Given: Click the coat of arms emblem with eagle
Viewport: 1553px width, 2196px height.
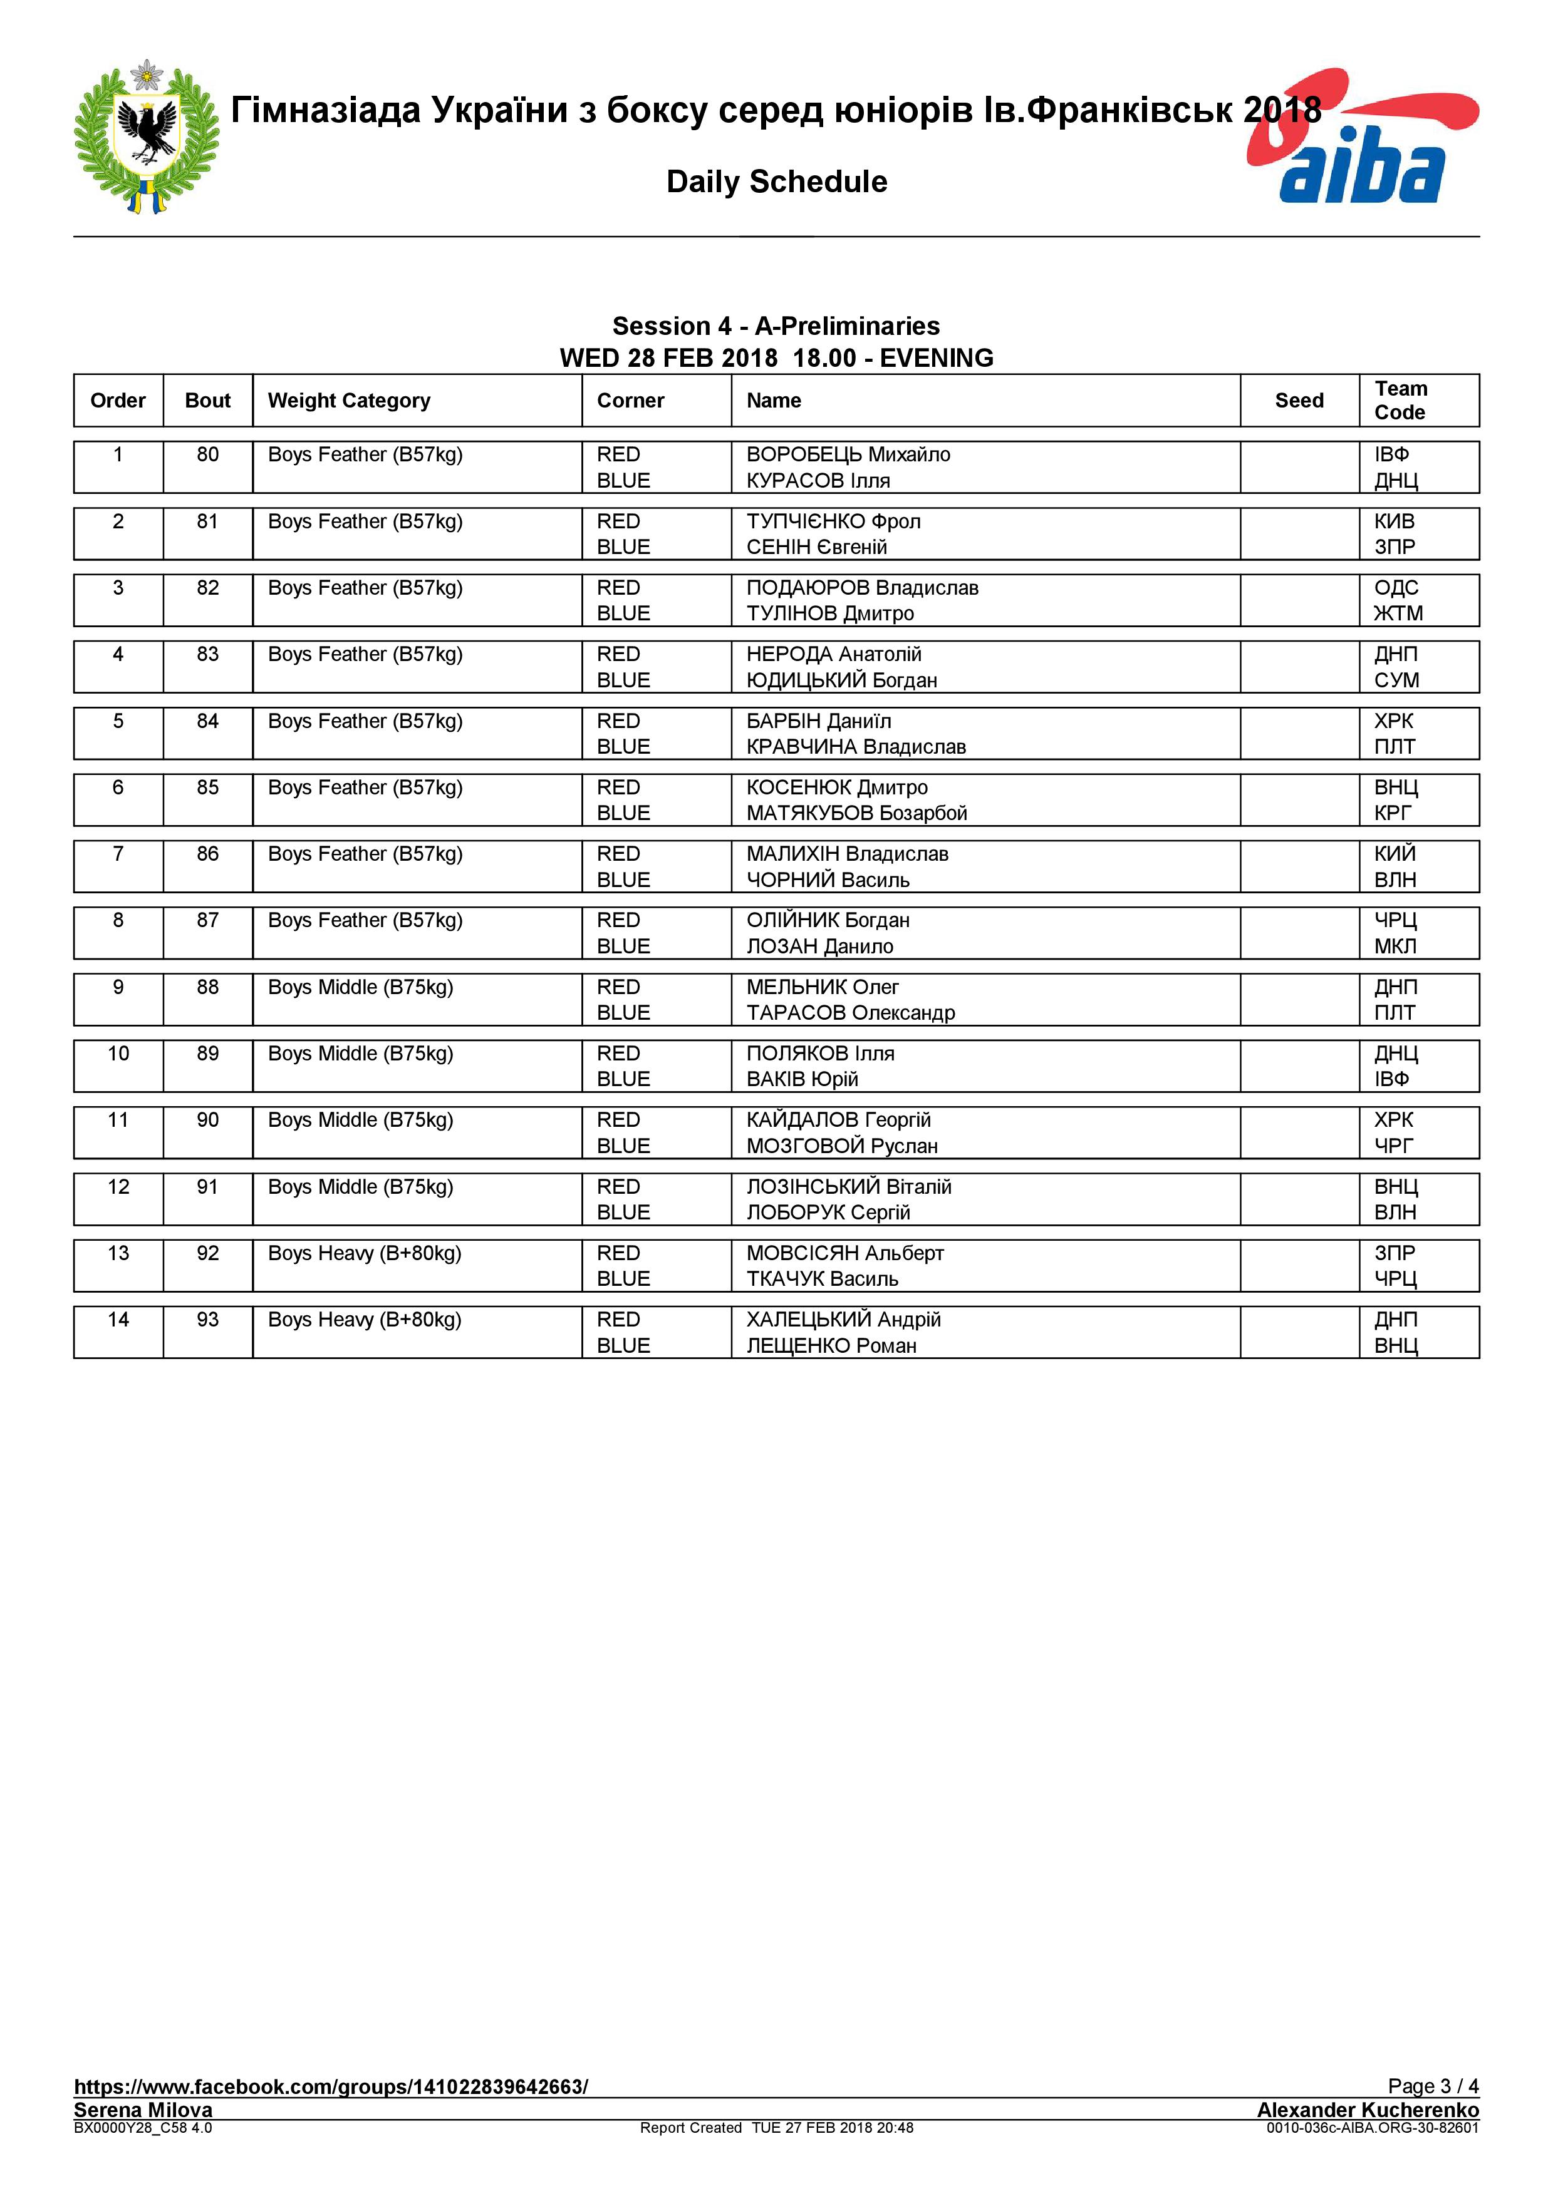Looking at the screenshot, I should pyautogui.click(x=147, y=136).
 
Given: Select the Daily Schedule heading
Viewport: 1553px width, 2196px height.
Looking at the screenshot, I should pyautogui.click(x=776, y=182).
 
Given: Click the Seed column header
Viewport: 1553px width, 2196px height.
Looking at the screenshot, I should pyautogui.click(x=1299, y=401).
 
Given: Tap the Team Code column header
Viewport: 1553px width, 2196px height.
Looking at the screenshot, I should pyautogui.click(x=1400, y=401).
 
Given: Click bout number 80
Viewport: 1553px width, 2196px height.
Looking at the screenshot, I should pyautogui.click(x=207, y=455).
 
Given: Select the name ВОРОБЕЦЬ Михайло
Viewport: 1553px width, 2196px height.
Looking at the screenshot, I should pyautogui.click(x=848, y=455).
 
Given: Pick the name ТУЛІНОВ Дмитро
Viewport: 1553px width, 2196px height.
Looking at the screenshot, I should pyautogui.click(x=829, y=614).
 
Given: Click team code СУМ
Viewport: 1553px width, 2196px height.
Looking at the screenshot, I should pyautogui.click(x=1396, y=681).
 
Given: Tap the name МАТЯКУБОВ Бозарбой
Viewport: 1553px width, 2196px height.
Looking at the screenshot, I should pyautogui.click(x=856, y=814).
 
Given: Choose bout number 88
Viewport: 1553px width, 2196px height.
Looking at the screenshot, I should pyautogui.click(x=207, y=987).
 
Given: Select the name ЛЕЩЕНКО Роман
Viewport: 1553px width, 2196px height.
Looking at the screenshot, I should pyautogui.click(x=831, y=1346).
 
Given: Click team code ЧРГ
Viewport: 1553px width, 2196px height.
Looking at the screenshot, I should pyautogui.click(x=1393, y=1146).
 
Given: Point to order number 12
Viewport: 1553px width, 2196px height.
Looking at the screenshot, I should pyautogui.click(x=118, y=1187).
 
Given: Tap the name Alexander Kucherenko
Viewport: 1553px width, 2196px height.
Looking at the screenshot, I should pyautogui.click(x=1368, y=2110).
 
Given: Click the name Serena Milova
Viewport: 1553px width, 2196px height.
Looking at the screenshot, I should pyautogui.click(x=143, y=2110).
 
